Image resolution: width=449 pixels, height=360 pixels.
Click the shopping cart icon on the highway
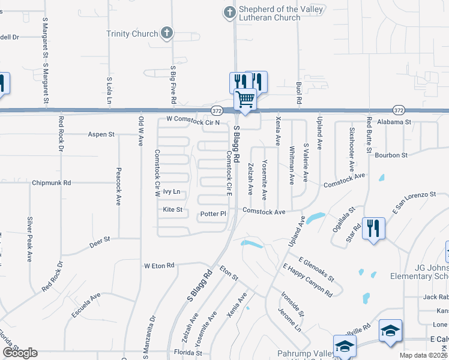tap(245, 98)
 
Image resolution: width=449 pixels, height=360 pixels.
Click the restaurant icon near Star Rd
tap(373, 227)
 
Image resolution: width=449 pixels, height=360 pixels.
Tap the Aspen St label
tap(101, 134)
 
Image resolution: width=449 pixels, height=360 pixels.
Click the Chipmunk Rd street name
tap(52, 182)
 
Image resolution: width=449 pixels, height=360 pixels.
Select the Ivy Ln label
tap(172, 192)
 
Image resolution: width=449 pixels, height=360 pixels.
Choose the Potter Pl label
tap(213, 214)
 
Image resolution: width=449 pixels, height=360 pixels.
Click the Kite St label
tap(172, 210)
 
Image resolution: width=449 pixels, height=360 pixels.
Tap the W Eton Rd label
tap(158, 265)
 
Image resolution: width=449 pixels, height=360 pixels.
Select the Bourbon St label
tap(391, 155)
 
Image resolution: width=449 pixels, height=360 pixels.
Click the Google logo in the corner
tap(20, 353)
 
